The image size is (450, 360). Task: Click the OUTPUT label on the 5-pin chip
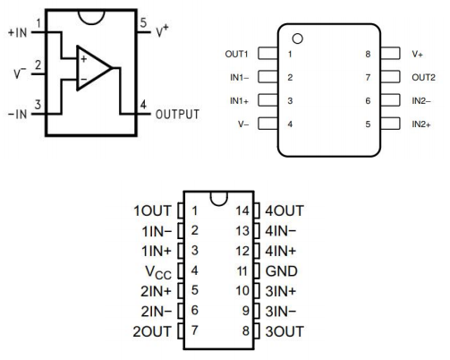(177, 114)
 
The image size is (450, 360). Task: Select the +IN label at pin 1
(18, 32)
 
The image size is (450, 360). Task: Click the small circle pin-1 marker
(298, 39)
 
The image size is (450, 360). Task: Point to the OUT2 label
(423, 78)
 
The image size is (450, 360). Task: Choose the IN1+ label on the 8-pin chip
(239, 101)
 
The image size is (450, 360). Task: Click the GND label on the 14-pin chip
(281, 271)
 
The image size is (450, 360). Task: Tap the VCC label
(158, 272)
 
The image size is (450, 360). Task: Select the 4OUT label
(284, 210)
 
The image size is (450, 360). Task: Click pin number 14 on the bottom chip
(242, 210)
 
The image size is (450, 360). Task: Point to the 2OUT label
(152, 331)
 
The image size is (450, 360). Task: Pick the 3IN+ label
(281, 291)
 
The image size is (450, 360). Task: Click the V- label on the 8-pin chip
(243, 124)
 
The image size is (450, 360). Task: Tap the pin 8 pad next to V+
(390, 53)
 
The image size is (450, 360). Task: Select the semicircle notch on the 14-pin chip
(219, 199)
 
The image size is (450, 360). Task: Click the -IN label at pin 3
(17, 114)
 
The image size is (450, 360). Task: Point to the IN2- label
(421, 101)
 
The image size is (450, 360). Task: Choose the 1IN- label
(157, 231)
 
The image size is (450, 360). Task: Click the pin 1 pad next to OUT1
(267, 53)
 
